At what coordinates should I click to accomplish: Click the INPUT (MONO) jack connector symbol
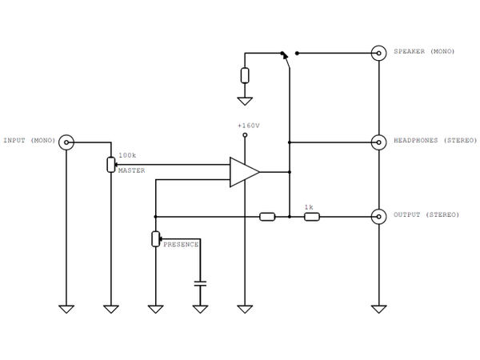point(67,142)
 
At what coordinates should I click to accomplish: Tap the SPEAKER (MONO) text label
point(423,52)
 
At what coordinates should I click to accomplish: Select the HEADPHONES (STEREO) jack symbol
point(378,142)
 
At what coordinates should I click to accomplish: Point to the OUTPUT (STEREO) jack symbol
point(378,216)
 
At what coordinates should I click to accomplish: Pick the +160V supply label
point(249,126)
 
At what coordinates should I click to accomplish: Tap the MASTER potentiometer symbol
point(111,165)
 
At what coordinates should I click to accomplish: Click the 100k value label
point(126,154)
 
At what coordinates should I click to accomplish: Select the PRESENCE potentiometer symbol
point(155,238)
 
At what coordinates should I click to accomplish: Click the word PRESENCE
point(181,244)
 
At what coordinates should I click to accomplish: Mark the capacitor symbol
point(200,282)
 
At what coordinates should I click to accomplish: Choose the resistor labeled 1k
point(312,216)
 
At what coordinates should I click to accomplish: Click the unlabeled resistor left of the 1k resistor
point(267,216)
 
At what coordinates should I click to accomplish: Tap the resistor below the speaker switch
point(245,76)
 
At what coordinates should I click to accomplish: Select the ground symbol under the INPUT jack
point(67,308)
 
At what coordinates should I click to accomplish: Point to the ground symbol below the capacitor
point(200,308)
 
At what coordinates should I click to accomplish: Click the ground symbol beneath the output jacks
point(378,308)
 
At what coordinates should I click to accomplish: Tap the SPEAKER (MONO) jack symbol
point(378,53)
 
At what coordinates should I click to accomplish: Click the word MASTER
point(131,170)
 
